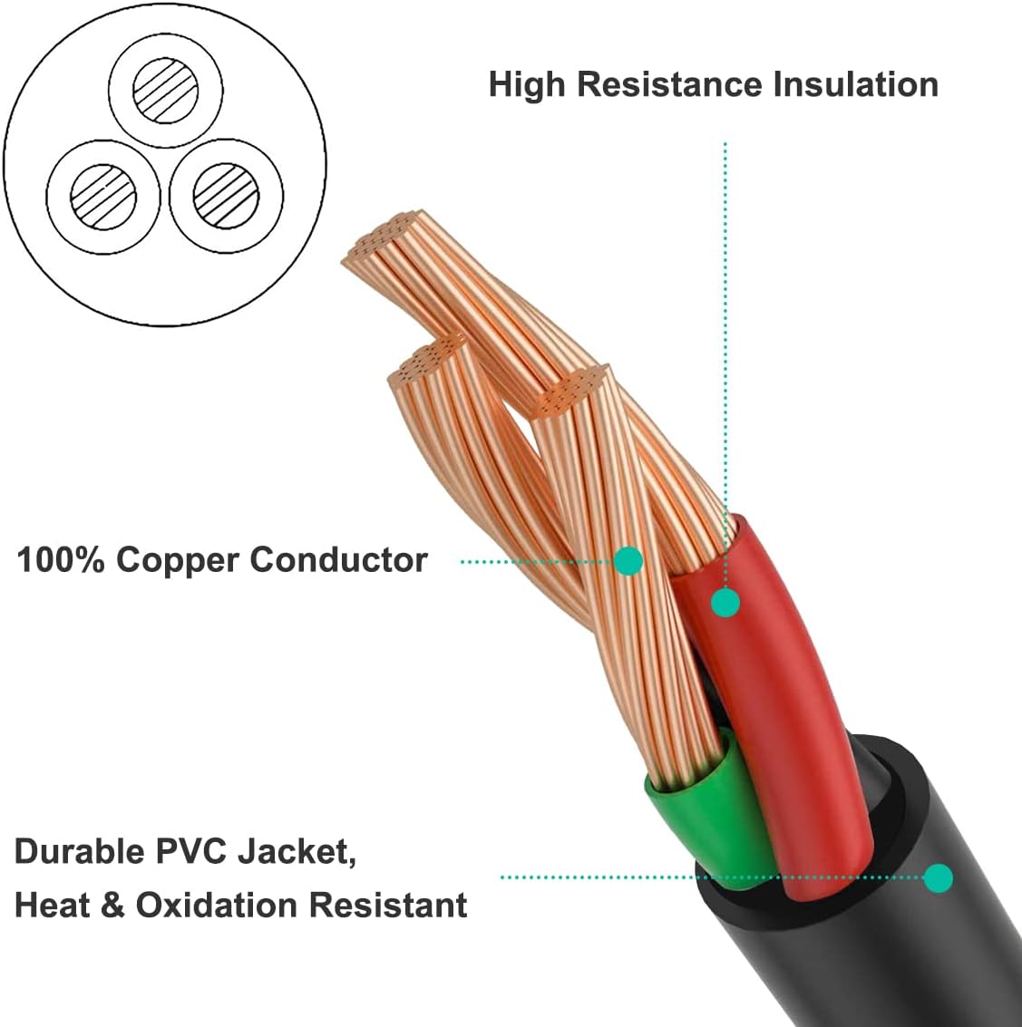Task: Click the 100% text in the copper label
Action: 62,560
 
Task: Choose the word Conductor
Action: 338,560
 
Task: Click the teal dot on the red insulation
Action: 725,602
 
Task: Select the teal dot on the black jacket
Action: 939,877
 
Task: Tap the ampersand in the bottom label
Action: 112,905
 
